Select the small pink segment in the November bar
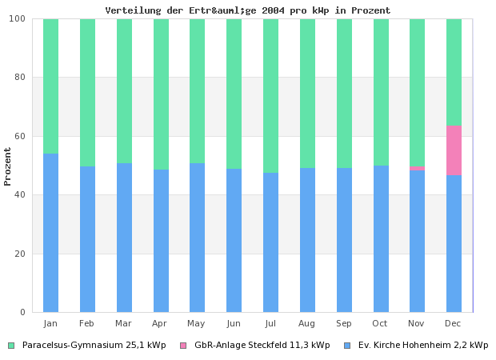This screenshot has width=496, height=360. [x=417, y=168]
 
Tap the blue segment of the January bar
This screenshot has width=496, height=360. [x=50, y=233]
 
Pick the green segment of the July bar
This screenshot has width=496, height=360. [x=270, y=96]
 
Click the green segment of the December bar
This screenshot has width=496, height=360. [x=454, y=72]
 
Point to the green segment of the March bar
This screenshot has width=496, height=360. [x=124, y=91]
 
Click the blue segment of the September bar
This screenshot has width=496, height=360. [x=344, y=240]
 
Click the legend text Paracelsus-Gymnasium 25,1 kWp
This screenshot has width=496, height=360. [x=94, y=346]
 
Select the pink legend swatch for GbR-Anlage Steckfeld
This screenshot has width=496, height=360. [x=183, y=346]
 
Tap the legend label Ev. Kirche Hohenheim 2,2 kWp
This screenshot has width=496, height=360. [x=422, y=346]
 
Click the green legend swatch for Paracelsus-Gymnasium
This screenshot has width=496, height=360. [x=11, y=346]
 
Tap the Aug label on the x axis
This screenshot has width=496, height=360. [x=307, y=323]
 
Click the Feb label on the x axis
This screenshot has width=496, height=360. [x=87, y=323]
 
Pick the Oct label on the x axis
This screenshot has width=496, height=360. [x=380, y=323]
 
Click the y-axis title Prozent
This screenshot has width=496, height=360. [x=8, y=166]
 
